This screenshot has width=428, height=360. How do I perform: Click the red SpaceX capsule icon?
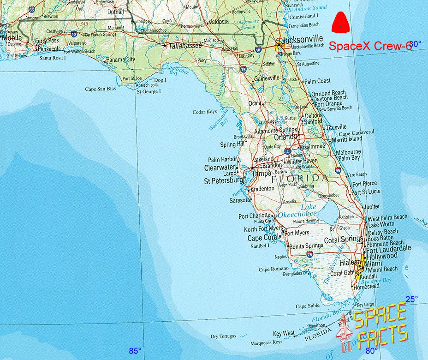pos(340,23)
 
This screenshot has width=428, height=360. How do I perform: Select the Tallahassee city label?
pos(185,46)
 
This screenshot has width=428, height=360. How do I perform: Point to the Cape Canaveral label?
pos(357,132)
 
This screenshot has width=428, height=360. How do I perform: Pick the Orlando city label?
pos(285,138)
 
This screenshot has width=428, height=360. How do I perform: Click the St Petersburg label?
pos(223,181)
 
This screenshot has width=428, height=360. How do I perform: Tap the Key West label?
pos(284,333)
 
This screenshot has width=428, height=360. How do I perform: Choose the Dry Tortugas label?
pos(223,336)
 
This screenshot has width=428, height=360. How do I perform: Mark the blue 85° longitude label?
pos(135,351)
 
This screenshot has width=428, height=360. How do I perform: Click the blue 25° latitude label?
pos(411,299)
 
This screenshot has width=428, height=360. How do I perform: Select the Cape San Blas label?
pos(101,89)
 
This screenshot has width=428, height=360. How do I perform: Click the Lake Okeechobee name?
pos(297,211)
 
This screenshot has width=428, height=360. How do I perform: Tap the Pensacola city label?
pos(49,48)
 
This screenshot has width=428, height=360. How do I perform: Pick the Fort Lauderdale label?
pos(388,248)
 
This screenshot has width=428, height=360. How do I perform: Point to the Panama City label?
pos(121,60)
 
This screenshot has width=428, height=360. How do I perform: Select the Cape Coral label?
pos(263,238)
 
